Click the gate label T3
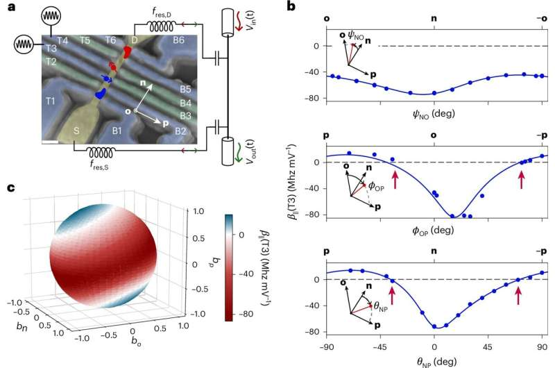pos(51,49)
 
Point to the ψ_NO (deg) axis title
pos(434,109)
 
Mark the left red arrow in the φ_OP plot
pos(395,181)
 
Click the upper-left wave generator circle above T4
pos(53,15)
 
